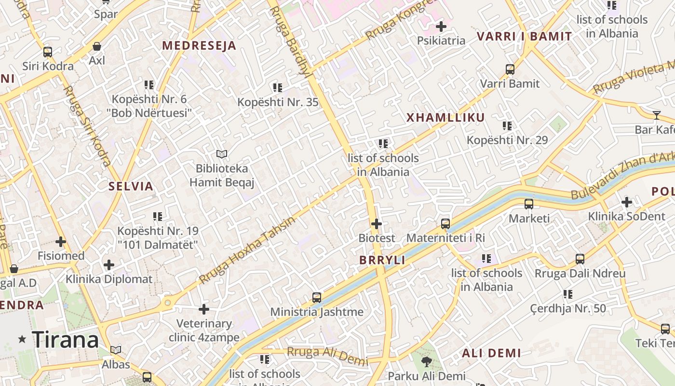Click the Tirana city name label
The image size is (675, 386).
click(66, 340)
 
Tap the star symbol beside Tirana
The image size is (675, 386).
click(22, 339)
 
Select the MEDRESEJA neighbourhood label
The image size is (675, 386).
click(199, 46)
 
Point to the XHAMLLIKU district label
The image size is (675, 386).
click(445, 118)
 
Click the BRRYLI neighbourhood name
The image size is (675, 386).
click(382, 260)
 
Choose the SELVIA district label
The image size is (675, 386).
click(131, 187)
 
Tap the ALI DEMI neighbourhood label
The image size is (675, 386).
click(492, 353)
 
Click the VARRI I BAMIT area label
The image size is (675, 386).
click(525, 37)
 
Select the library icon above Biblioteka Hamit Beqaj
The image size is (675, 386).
click(222, 154)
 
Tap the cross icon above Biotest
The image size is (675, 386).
click(377, 224)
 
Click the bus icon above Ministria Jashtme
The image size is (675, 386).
click(317, 298)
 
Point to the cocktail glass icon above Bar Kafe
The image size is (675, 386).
click(656, 115)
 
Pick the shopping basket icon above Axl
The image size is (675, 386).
click(97, 46)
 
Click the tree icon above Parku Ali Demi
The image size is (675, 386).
click(426, 361)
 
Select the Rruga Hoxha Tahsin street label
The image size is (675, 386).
click(247, 251)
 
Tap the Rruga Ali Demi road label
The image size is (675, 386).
click(327, 356)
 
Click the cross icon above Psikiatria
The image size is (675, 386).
click(441, 27)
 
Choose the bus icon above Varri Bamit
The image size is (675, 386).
click(510, 69)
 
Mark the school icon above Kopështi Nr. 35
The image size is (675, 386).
click(278, 88)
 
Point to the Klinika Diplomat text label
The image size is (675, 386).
click(109, 279)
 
